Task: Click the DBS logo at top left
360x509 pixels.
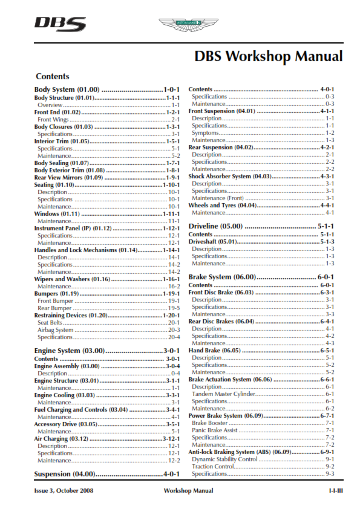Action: click(x=60, y=24)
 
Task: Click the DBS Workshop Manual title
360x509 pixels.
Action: click(x=268, y=57)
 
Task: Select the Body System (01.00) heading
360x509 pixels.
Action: click(x=71, y=89)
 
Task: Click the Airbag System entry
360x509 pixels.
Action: click(x=56, y=330)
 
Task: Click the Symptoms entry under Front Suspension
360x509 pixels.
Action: click(x=205, y=133)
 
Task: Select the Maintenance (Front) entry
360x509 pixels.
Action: click(x=218, y=198)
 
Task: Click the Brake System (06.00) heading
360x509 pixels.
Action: click(x=221, y=276)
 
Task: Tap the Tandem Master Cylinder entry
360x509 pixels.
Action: click(x=223, y=394)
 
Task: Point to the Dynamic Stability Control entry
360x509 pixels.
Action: click(x=224, y=459)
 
